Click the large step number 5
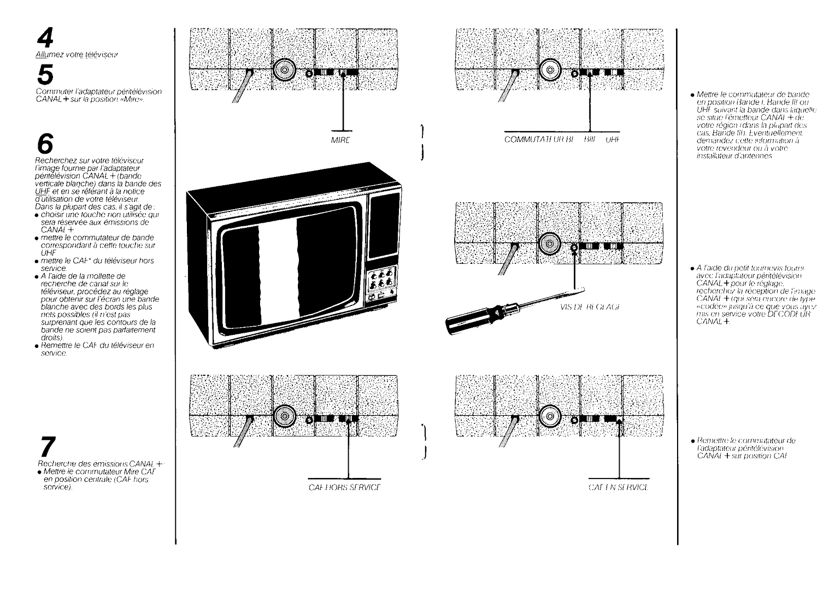tap(46, 74)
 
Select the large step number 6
tap(45, 144)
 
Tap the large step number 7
tap(47, 447)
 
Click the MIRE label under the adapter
tap(340, 140)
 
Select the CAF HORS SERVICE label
tap(344, 487)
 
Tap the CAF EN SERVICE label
tap(618, 487)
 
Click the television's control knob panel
tap(381, 278)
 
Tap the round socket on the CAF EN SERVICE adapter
tap(550, 416)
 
